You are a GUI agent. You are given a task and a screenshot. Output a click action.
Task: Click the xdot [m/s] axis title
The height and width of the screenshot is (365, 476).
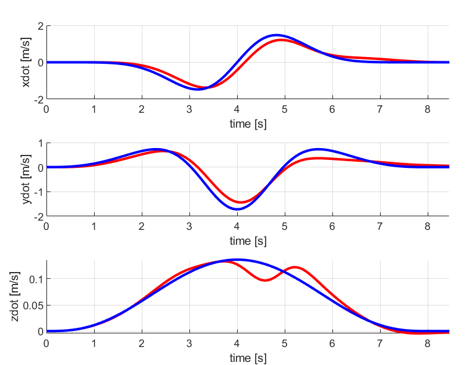click(26, 62)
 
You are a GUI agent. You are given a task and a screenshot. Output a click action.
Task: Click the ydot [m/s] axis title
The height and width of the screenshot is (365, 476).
click(26, 180)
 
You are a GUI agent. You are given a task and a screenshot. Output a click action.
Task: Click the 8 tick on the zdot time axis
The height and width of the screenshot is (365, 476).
click(427, 343)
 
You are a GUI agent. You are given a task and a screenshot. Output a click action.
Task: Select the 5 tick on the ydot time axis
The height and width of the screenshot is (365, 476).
click(284, 226)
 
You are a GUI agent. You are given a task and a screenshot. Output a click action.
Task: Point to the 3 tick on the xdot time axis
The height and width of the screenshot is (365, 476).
click(189, 109)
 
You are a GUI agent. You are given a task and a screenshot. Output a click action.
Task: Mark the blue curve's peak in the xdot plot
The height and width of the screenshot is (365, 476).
click(276, 35)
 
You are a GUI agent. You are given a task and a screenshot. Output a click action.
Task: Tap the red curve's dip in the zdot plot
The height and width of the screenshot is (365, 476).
click(265, 280)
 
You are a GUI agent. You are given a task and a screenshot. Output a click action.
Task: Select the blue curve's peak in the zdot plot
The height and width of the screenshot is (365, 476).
click(237, 260)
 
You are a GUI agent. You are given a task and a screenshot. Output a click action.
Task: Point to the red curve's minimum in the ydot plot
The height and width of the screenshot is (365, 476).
click(240, 203)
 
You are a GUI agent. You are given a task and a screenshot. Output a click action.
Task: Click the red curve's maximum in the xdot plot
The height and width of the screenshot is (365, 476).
click(282, 40)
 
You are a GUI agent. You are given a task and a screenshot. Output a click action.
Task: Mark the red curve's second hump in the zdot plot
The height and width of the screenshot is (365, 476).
click(294, 267)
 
